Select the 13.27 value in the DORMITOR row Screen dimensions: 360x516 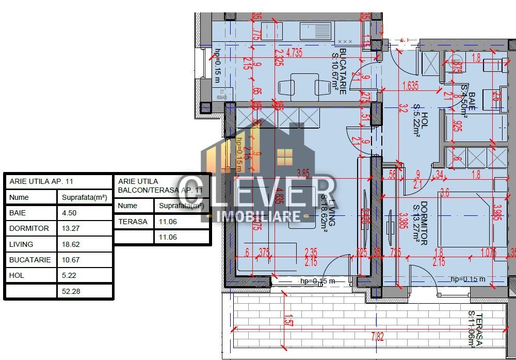click(x=72, y=228)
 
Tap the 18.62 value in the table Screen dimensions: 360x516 click(x=72, y=244)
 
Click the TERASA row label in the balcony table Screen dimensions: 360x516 click(x=133, y=222)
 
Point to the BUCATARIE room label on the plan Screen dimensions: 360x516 click(x=338, y=72)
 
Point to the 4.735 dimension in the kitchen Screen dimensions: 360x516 click(x=293, y=52)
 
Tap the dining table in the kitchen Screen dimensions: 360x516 click(x=304, y=85)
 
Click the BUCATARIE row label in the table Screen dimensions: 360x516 click(x=30, y=260)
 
